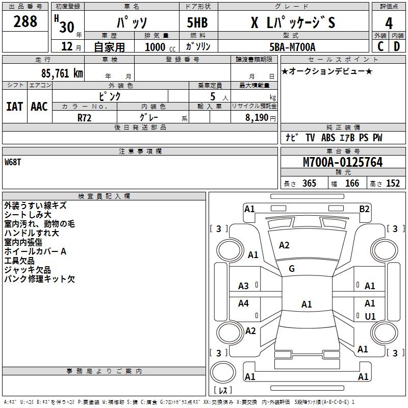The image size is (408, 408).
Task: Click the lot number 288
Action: [x=25, y=21]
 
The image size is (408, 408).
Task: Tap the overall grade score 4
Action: [x=389, y=23]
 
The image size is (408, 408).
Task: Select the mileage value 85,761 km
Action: [x=62, y=73]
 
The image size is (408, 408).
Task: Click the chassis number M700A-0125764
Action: [x=343, y=162]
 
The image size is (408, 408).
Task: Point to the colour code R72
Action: [x=84, y=118]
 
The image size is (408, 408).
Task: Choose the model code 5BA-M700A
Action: [x=292, y=47]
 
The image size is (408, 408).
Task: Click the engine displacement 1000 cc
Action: [x=160, y=47]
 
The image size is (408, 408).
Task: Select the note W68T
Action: [x=12, y=162]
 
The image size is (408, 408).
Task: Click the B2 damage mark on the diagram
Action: [x=364, y=209]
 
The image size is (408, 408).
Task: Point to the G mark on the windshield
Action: [x=292, y=268]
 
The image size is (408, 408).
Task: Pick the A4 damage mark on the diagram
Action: [x=243, y=303]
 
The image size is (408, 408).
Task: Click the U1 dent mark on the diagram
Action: [x=370, y=316]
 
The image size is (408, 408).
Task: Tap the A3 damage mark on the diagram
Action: [x=243, y=286]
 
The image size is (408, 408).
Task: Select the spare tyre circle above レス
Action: [x=223, y=372]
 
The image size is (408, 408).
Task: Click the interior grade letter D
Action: [x=397, y=46]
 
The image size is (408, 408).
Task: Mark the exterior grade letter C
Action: [x=380, y=46]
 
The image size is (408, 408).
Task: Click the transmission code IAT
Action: [x=15, y=107]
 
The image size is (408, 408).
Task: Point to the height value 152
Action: [x=393, y=183]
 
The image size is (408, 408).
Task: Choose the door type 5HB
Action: [x=197, y=22]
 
